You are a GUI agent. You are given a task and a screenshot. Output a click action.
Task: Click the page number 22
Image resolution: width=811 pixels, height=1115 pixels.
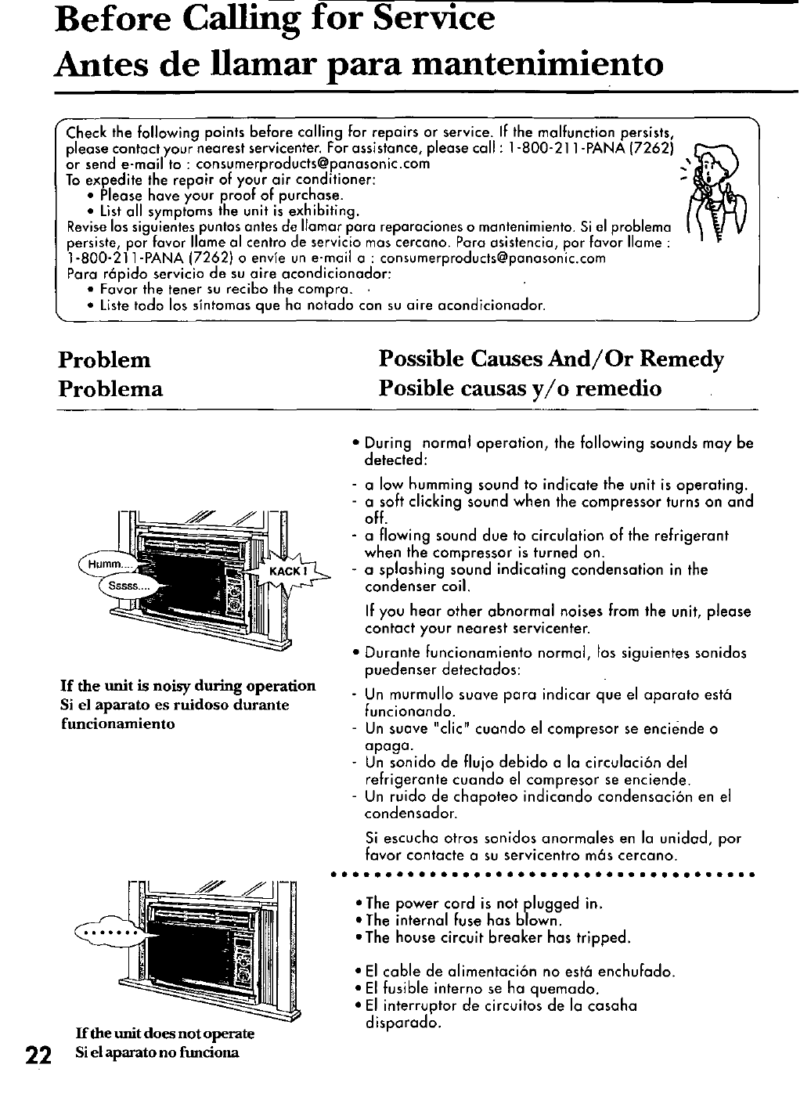coord(35,1054)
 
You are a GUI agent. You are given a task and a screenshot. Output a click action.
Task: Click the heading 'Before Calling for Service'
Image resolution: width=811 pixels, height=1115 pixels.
coord(275,19)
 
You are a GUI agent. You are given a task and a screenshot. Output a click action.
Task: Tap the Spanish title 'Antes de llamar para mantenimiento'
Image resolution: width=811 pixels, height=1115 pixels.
coord(359,64)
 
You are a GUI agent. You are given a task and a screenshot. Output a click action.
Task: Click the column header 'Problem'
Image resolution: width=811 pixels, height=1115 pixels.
coord(104,360)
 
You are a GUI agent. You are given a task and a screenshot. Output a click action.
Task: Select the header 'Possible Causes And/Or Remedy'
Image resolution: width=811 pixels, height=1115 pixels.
coord(551,359)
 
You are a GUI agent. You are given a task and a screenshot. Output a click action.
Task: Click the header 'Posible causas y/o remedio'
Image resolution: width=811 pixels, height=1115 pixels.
coord(520,388)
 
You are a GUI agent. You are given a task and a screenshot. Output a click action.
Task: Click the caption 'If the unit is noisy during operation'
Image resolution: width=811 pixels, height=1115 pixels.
coord(188,687)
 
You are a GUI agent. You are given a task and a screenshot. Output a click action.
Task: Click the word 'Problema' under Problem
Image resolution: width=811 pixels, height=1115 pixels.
coord(111,389)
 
